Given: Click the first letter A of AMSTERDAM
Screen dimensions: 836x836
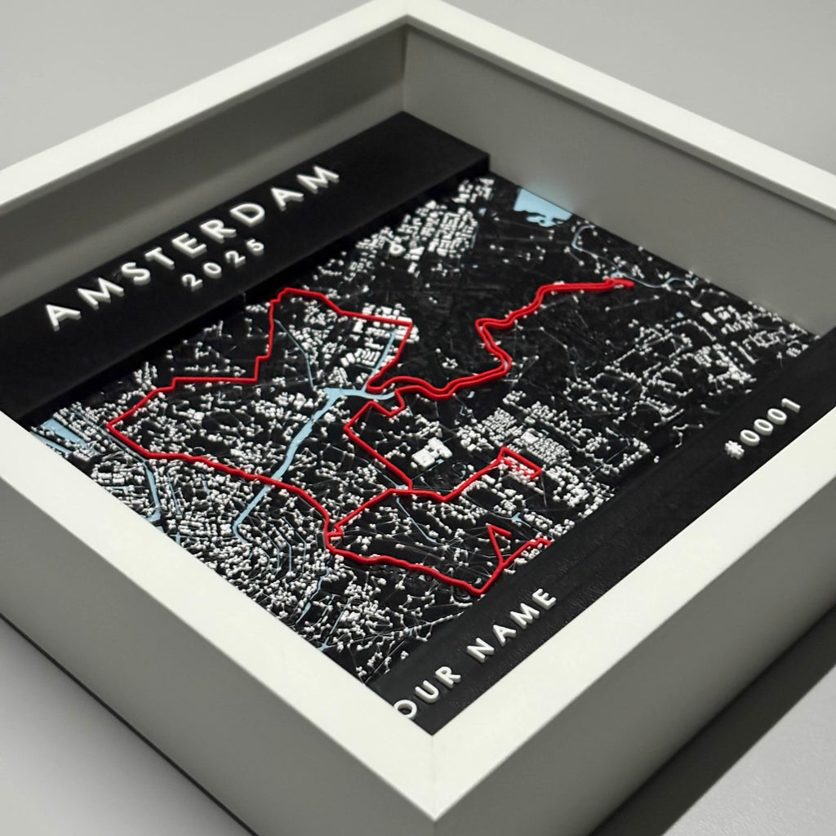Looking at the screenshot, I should click(63, 310).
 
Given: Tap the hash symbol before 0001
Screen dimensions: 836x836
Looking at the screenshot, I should click(736, 449).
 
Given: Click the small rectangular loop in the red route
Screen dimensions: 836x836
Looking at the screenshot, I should click(521, 464).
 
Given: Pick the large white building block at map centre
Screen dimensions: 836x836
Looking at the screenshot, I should click(430, 452).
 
